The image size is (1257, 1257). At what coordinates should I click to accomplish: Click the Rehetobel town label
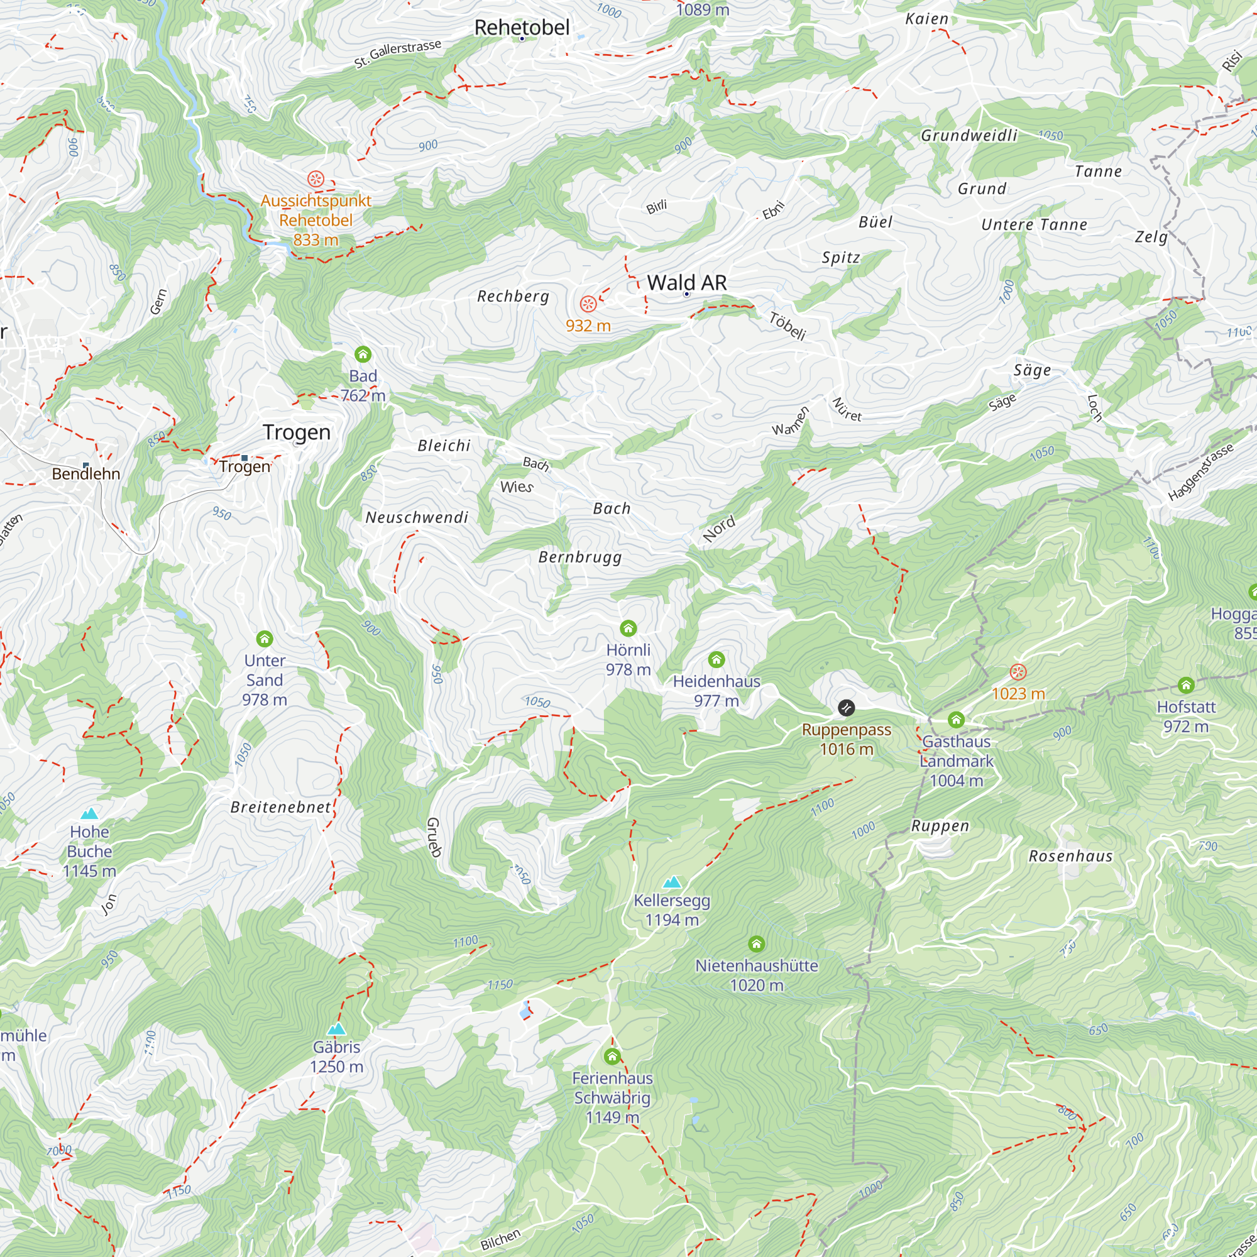click(522, 27)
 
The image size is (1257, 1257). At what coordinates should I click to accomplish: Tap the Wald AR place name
click(686, 283)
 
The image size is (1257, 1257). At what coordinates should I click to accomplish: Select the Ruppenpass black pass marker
click(846, 707)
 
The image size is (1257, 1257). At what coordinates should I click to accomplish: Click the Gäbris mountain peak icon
click(336, 1029)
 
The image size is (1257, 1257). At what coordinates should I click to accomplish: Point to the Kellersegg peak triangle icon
click(672, 882)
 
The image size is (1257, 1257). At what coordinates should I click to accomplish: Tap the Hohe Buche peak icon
click(89, 813)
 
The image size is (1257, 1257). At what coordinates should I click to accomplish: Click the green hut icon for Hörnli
click(628, 628)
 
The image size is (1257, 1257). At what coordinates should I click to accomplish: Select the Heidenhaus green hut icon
click(716, 660)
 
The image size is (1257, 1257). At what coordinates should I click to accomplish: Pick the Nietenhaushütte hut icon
click(756, 943)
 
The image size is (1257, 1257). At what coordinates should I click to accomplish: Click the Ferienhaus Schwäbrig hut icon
click(612, 1056)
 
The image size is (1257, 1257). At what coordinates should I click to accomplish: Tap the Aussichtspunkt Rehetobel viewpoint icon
click(316, 178)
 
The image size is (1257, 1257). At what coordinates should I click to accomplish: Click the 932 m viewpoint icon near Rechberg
click(588, 304)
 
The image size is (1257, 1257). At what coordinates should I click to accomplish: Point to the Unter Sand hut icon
click(264, 639)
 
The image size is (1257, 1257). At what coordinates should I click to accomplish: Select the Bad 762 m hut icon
click(363, 354)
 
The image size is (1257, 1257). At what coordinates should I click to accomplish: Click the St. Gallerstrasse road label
click(398, 54)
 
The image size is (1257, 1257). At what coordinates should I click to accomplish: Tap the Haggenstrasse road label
click(1200, 473)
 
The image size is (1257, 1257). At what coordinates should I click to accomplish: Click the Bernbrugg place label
click(579, 557)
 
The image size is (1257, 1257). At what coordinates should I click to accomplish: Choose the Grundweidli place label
click(969, 135)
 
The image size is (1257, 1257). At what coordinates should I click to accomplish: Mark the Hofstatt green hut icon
click(1186, 685)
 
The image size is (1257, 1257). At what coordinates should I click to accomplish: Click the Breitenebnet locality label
click(281, 808)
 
